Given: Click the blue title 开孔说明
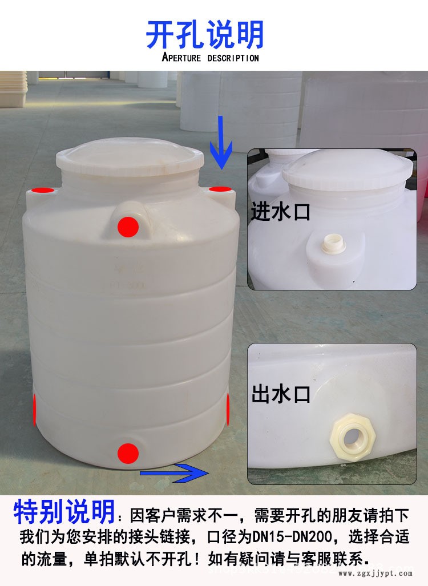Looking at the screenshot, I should [205, 35].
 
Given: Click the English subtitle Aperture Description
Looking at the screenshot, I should [210, 58].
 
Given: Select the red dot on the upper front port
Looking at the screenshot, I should [128, 227].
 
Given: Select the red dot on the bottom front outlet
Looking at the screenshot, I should [128, 454].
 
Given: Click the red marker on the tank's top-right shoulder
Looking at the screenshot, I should [218, 189].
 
